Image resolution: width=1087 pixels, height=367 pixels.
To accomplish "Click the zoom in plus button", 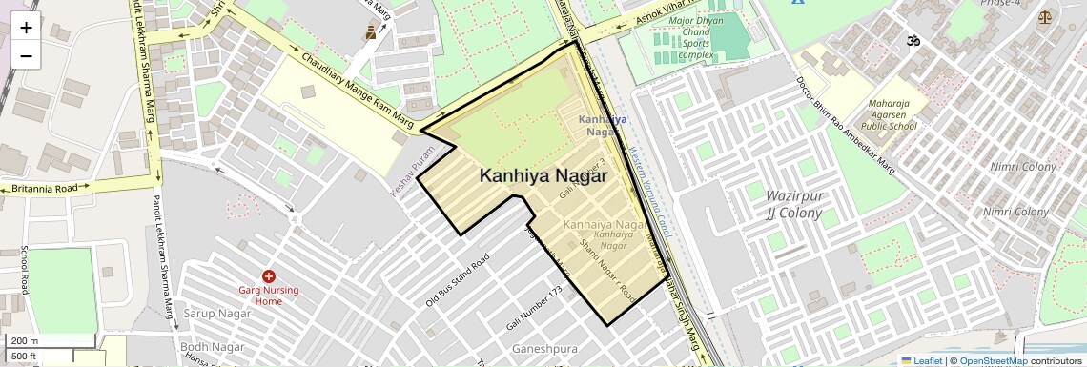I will click(26, 28).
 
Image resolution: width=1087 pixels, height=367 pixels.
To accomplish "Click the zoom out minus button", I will click(26, 55).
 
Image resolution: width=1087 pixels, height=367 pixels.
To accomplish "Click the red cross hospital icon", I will click(269, 275).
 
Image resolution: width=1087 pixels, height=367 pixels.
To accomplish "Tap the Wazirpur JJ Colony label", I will click(794, 204).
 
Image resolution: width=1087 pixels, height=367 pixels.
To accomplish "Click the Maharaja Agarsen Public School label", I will click(888, 114).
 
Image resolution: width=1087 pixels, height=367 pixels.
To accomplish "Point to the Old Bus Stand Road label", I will click(458, 280).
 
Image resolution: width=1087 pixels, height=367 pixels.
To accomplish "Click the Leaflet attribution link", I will click(921, 360).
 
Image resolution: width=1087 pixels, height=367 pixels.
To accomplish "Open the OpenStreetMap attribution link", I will click(993, 360).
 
